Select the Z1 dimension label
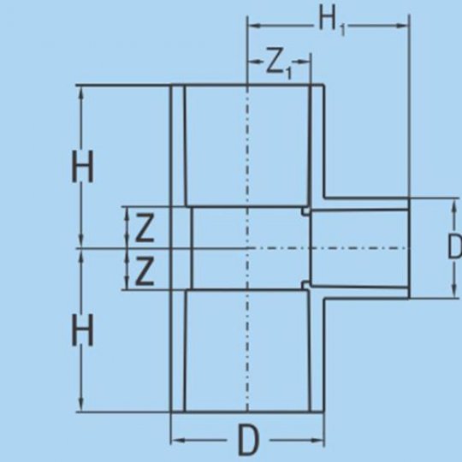point(279,66)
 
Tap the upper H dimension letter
point(83,167)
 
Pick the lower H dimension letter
point(83,330)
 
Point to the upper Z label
point(145,228)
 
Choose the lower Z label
point(145,271)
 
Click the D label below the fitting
point(249,441)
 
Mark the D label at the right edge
point(454,246)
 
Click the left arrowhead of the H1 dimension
point(254,26)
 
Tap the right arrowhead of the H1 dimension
point(403,26)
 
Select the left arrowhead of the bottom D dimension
point(178,441)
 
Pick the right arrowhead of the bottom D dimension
point(317,441)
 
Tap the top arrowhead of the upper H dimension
point(82,92)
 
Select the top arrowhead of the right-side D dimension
point(454,205)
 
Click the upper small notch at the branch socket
point(306,210)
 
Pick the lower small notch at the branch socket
point(306,285)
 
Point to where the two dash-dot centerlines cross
point(247,248)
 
